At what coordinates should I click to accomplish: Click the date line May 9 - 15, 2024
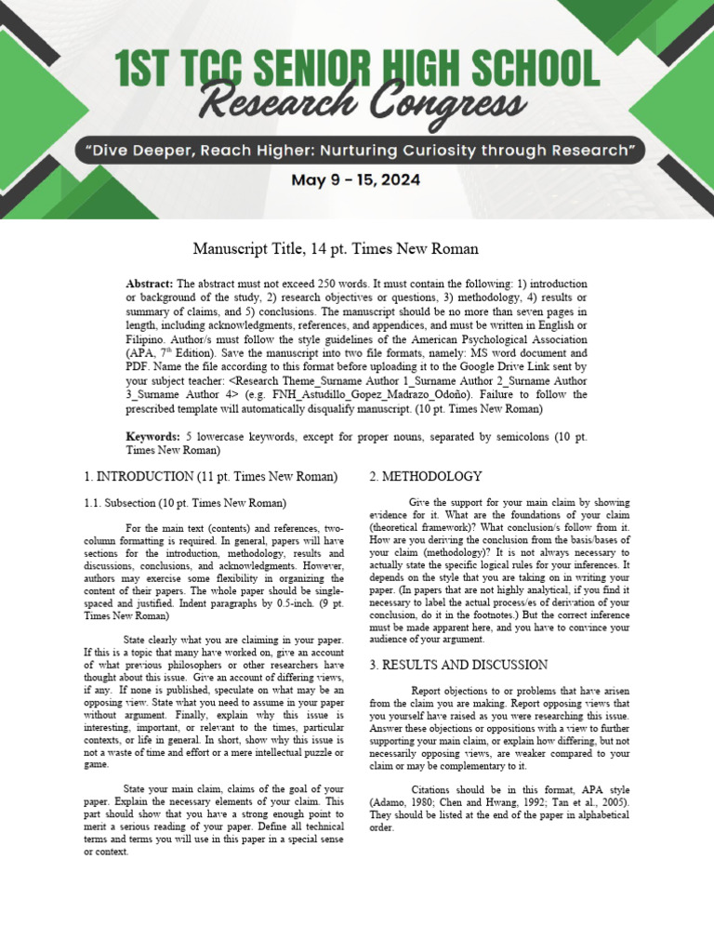(356, 180)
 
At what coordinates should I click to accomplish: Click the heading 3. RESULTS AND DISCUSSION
(458, 665)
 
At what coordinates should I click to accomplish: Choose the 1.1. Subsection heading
(115, 504)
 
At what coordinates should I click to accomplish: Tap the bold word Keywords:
(153, 437)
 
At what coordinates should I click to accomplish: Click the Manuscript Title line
(336, 248)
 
